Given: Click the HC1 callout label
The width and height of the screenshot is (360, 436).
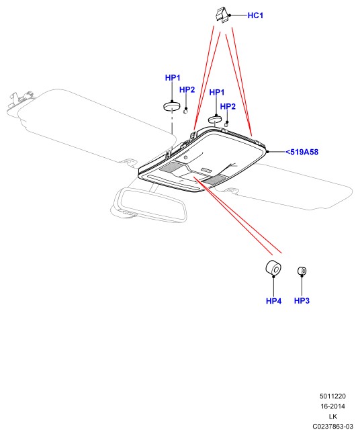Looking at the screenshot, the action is pos(255,15).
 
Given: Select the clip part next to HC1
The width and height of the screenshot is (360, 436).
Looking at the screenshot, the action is pos(222,15).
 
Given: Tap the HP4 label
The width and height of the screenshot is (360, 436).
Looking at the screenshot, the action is pos(273,301).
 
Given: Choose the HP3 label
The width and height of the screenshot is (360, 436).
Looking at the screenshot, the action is pos(302,300).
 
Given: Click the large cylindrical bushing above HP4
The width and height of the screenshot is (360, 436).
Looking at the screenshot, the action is pos(273,268).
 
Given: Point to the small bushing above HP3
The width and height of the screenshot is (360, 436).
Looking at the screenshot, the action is pos(302,271).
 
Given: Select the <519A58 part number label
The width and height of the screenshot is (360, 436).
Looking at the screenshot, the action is pos(302,152).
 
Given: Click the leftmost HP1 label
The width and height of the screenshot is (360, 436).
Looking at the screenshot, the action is pos(173,78).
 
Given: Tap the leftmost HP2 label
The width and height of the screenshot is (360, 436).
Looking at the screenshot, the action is pos(187,89).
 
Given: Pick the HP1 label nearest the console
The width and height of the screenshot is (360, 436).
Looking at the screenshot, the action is pos(216,92).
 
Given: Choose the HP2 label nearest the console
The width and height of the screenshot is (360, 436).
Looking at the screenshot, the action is pos(228,107).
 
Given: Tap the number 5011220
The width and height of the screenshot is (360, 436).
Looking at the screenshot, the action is pos(332,396).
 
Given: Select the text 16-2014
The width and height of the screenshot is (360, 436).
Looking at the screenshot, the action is pos(332,406).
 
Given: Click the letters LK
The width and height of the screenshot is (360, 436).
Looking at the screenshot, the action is pos(332,417).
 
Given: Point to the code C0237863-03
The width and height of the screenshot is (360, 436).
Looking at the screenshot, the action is pos(332,427).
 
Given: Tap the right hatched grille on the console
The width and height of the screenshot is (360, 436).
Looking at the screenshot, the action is pos(214,180).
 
